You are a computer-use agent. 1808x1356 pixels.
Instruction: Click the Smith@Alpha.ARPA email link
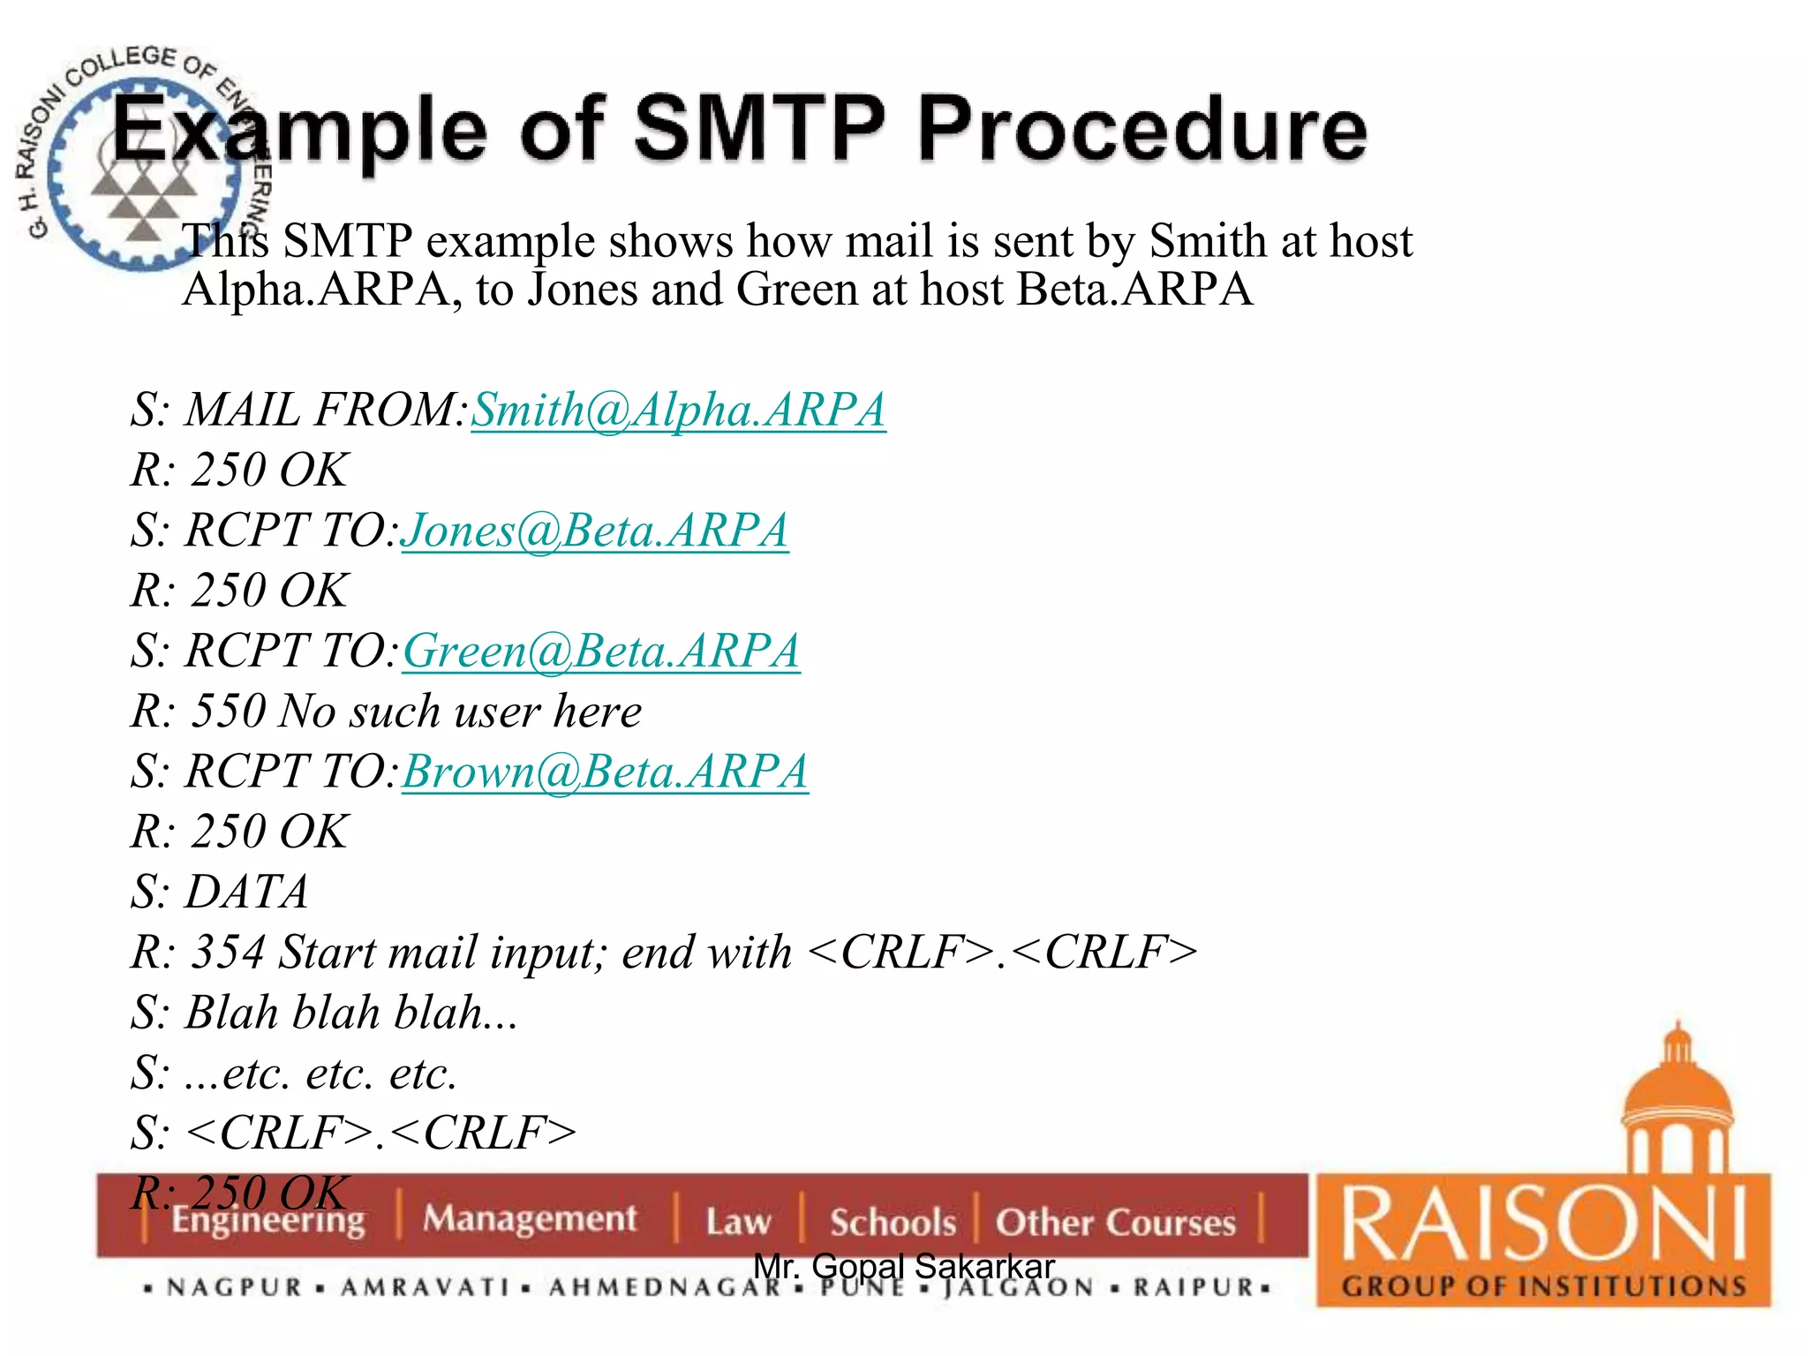[678, 411]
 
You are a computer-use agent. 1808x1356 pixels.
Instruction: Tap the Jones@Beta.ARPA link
[595, 531]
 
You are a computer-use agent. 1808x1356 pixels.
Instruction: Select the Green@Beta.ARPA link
[601, 652]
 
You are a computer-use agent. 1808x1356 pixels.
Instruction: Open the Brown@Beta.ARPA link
[605, 772]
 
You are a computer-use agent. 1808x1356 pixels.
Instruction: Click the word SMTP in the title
[759, 130]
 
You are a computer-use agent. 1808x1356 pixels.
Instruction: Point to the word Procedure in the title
[1142, 130]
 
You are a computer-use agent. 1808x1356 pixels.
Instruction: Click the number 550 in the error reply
[228, 712]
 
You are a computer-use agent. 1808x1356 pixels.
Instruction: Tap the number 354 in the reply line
[228, 953]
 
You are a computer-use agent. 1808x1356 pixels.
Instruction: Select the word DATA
[246, 892]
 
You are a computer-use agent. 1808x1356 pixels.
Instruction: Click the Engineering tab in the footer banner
[267, 1220]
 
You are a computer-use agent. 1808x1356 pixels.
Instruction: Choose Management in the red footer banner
[529, 1218]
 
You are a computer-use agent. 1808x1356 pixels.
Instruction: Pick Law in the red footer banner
[738, 1222]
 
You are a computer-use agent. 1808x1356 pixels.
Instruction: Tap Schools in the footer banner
[893, 1222]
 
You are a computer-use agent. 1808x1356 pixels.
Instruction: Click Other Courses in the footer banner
[1116, 1222]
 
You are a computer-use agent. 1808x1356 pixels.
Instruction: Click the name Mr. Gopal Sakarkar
[904, 1266]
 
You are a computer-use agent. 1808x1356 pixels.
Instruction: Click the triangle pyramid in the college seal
[143, 201]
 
